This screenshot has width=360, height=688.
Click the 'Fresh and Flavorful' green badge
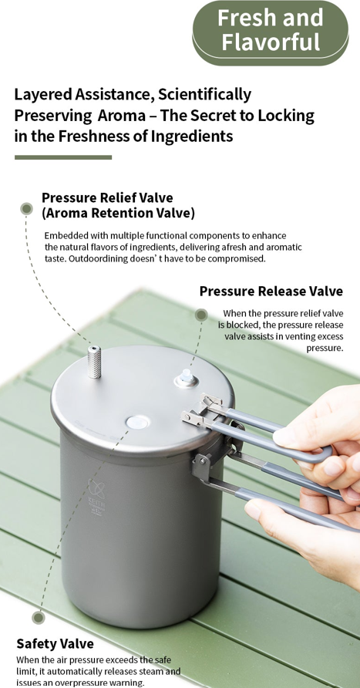[x=271, y=32]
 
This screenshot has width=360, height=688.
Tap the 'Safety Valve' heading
[x=56, y=644]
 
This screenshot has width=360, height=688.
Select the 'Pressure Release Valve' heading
[x=271, y=291]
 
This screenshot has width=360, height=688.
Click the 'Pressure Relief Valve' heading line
[x=107, y=197]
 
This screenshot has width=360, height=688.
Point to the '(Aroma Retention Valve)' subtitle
[x=119, y=213]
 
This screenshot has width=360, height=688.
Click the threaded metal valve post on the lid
[x=94, y=362]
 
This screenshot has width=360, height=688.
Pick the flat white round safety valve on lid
[x=137, y=423]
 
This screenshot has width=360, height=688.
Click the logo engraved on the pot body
[x=96, y=497]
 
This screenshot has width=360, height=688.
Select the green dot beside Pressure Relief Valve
[x=27, y=209]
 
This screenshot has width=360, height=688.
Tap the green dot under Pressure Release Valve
[x=201, y=315]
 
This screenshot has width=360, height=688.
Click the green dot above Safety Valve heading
[x=39, y=618]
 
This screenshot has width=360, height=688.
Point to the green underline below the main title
[x=63, y=157]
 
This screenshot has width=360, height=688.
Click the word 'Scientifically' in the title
[x=205, y=95]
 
